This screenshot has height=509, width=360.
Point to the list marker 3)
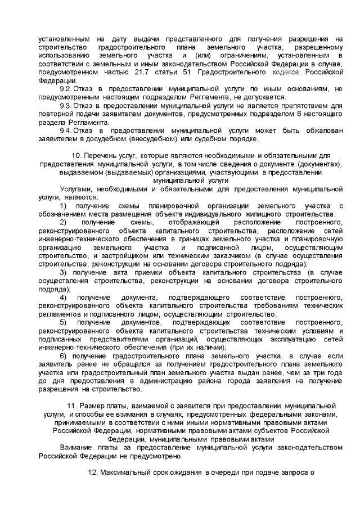coord(63,272)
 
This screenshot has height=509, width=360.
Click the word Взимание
coord(78,448)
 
